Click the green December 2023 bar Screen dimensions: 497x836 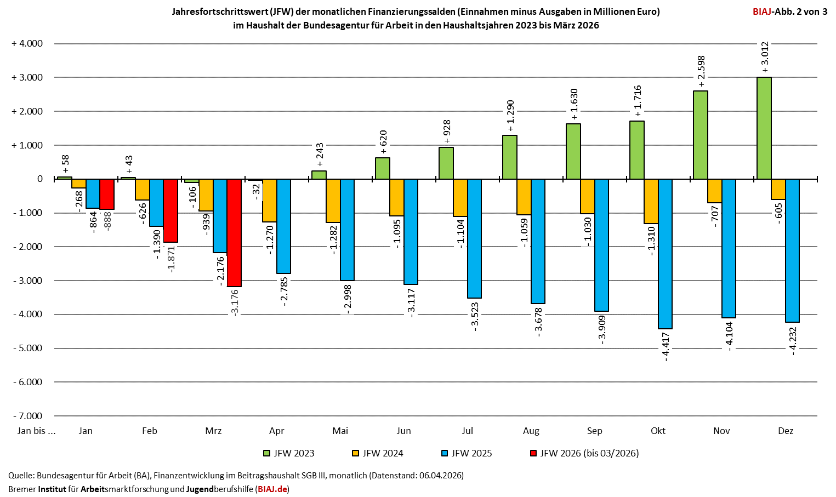click(764, 128)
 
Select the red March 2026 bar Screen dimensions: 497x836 click(234, 232)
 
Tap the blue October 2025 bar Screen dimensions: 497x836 click(665, 254)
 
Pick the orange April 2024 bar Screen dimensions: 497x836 click(269, 201)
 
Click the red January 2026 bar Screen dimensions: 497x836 click(107, 194)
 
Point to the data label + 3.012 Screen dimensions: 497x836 click(765, 57)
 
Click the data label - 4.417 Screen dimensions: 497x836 click(666, 346)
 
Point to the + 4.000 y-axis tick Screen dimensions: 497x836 click(27, 44)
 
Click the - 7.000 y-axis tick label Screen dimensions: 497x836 click(27, 416)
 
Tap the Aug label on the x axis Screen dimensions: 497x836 click(531, 431)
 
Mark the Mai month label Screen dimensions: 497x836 click(340, 431)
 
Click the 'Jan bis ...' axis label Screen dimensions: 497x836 click(37, 431)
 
